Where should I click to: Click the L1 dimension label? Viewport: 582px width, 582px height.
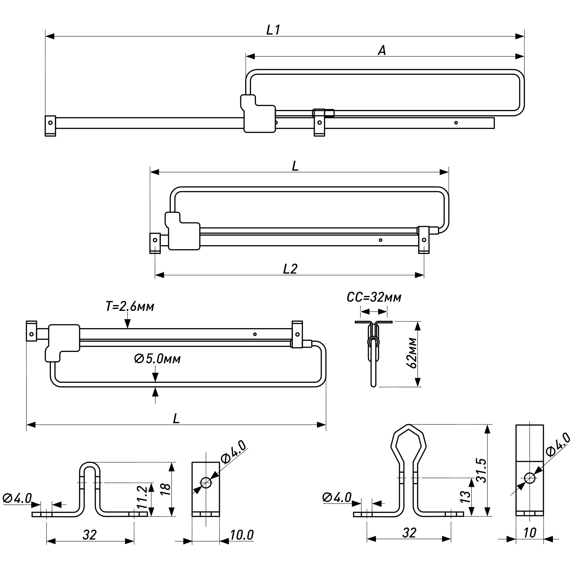point(273,30)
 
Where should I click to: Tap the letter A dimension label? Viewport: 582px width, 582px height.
point(382,50)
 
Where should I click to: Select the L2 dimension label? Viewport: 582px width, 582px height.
point(290,269)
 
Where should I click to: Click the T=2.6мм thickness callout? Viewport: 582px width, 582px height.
point(130,307)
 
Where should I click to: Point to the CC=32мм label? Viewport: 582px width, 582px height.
point(374,298)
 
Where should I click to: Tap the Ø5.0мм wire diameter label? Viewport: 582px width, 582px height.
point(157,359)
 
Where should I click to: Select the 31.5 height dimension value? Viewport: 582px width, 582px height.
point(482,471)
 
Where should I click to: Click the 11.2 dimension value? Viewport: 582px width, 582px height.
point(143,497)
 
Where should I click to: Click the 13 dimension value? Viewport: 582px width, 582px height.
point(465,497)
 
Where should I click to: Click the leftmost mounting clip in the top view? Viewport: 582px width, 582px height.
point(50,126)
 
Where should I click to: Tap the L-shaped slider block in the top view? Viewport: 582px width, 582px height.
point(259,116)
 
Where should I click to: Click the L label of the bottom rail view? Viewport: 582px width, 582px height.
point(176,419)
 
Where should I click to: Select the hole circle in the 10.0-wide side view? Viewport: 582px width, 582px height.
point(206,482)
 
